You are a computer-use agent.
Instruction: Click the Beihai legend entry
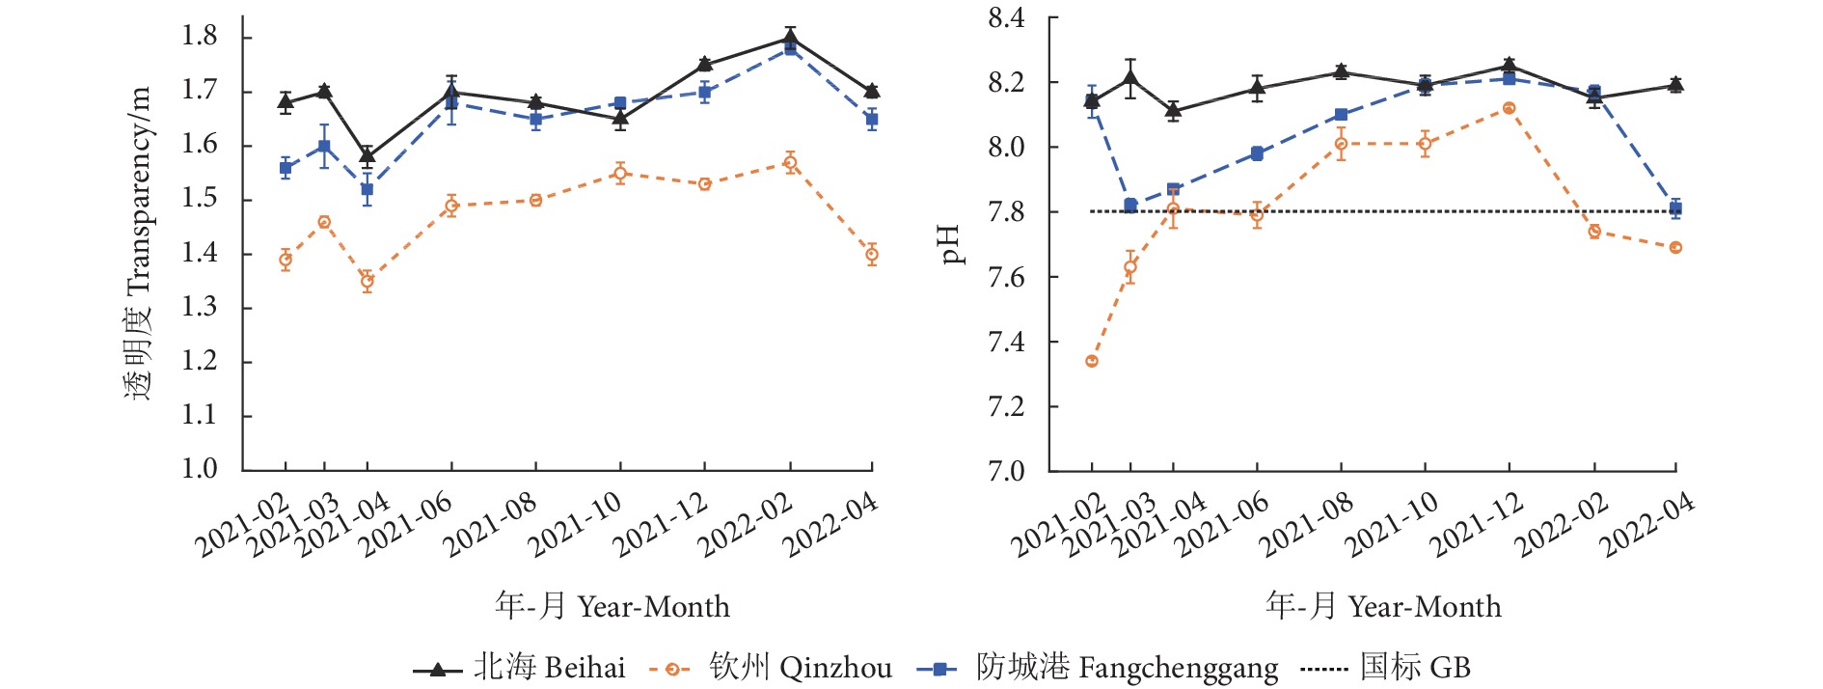(520, 668)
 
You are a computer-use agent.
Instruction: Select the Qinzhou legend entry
(771, 668)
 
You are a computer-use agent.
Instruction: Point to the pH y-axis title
(950, 244)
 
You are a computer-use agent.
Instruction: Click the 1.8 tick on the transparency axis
(200, 37)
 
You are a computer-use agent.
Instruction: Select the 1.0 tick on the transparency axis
(200, 469)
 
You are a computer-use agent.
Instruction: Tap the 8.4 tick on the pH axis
(1006, 18)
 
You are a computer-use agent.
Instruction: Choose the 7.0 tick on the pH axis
(1006, 470)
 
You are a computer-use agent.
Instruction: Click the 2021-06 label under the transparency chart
(404, 525)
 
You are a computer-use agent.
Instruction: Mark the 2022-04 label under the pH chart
(1646, 525)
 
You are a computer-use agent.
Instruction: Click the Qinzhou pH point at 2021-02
(1092, 361)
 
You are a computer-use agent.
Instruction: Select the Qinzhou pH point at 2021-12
(1509, 108)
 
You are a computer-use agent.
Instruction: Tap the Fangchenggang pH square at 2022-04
(1676, 208)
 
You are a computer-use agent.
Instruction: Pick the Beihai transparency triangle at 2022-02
(790, 39)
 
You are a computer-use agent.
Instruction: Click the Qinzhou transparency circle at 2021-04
(367, 282)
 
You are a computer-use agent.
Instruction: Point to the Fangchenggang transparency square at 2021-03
(324, 147)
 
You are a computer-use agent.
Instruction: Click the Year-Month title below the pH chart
(1383, 606)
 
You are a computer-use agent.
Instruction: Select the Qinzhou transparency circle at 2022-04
(872, 255)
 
